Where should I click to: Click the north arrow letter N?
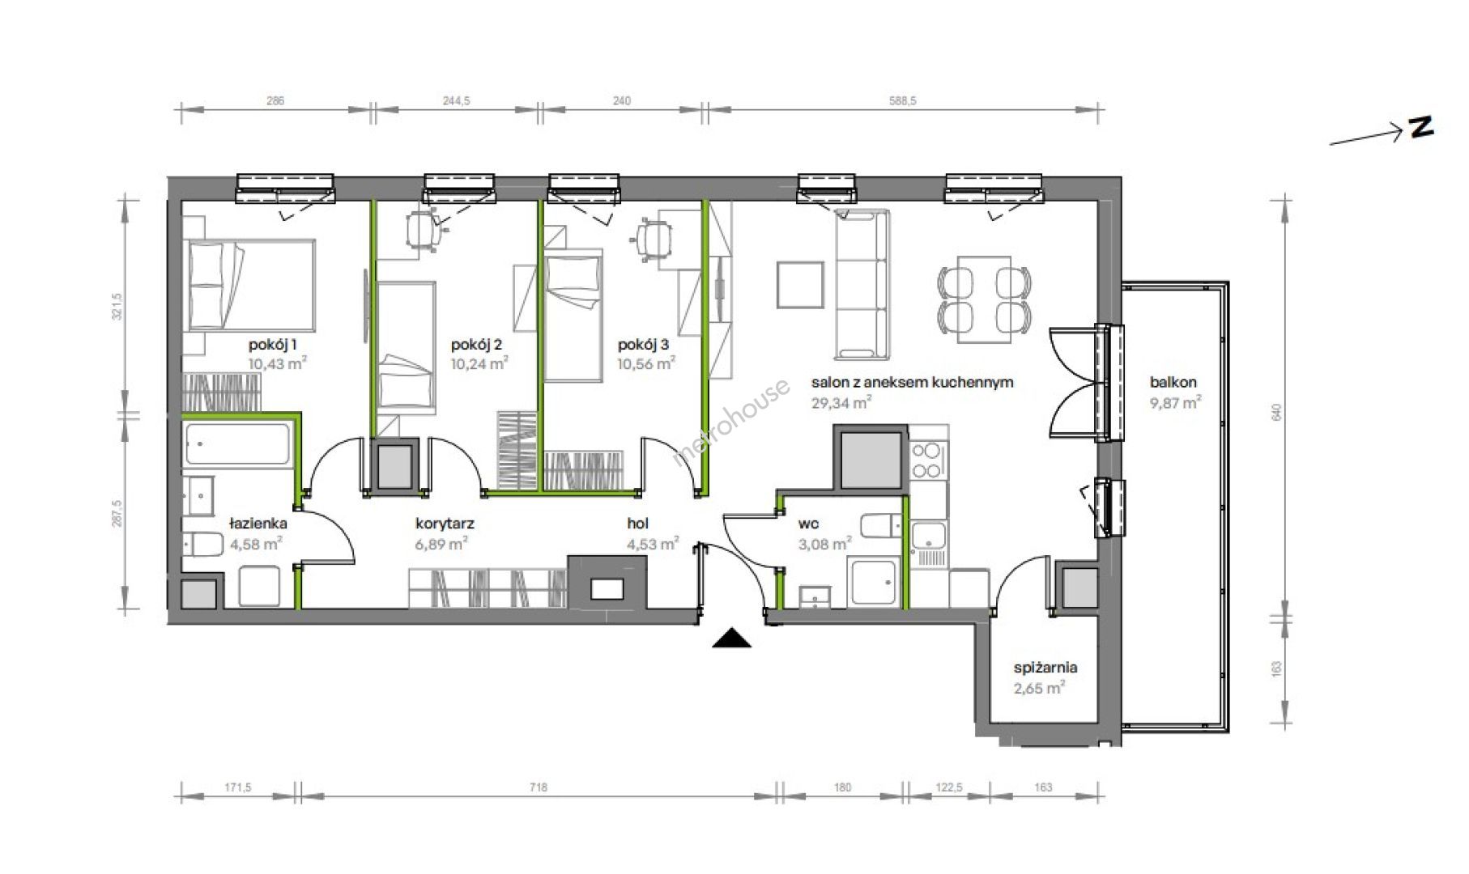point(1421,128)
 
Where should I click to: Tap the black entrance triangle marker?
point(732,639)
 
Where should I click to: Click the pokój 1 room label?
point(272,345)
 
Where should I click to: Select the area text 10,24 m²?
point(479,363)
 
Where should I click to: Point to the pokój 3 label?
point(643,345)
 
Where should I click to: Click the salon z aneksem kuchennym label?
point(913,383)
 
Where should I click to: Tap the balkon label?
point(1173,383)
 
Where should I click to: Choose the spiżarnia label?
point(1045,668)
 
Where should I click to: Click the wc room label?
point(808,524)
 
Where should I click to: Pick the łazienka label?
point(258,524)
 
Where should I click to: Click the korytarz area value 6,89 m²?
point(441,545)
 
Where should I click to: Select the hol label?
point(637,524)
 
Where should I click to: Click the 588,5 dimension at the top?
point(901,101)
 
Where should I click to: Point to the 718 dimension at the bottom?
point(538,787)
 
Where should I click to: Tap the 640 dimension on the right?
point(1277,412)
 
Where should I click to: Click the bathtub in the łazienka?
point(236,444)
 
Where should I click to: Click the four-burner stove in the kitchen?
point(926,460)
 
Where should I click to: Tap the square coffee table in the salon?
point(800,284)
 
